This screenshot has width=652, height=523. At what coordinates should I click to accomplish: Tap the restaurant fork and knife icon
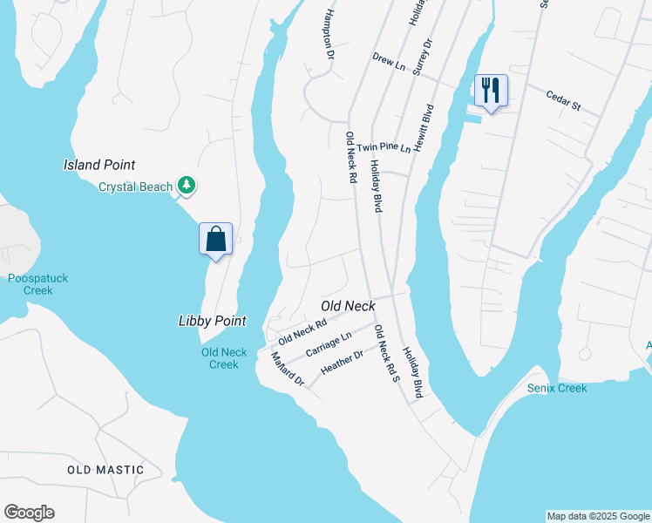491,90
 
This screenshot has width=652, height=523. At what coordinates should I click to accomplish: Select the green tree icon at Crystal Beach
186,185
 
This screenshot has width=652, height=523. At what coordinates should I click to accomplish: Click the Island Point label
99,165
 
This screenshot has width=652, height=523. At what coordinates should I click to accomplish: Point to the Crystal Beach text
135,187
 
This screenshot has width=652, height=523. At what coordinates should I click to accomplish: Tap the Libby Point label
212,321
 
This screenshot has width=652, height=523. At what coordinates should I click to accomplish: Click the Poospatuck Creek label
37,284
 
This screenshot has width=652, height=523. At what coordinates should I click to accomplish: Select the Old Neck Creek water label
224,358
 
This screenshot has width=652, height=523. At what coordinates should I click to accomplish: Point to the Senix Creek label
557,388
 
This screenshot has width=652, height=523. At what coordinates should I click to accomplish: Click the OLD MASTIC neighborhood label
105,470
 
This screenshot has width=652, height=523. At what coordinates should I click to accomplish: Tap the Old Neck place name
348,306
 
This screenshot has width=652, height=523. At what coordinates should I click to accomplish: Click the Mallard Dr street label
287,369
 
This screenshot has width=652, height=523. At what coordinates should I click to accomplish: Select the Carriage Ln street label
329,343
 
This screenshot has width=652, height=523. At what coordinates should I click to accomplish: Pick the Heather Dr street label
342,363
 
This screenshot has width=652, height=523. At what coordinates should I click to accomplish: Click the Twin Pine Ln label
384,148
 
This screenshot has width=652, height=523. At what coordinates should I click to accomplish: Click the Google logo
29,513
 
